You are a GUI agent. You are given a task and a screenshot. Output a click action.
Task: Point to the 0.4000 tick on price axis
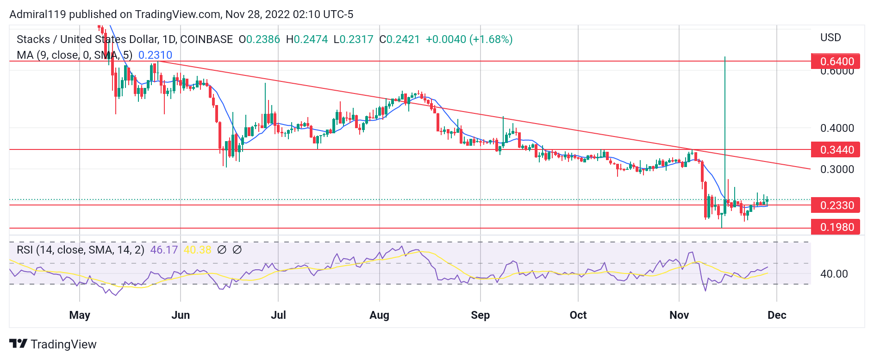pyautogui.click(x=837, y=128)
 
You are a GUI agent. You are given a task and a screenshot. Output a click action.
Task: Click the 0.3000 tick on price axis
pyautogui.click(x=837, y=169)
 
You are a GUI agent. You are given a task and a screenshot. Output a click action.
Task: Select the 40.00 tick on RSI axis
pyautogui.click(x=834, y=274)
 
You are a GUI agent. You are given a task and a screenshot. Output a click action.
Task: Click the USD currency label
pyautogui.click(x=830, y=37)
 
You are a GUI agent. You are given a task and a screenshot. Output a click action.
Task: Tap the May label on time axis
pyautogui.click(x=80, y=315)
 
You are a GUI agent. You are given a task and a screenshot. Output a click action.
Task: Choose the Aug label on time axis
pyautogui.click(x=379, y=315)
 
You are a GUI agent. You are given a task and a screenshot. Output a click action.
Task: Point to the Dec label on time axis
pyautogui.click(x=776, y=315)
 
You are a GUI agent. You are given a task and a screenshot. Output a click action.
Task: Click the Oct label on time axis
pyautogui.click(x=578, y=315)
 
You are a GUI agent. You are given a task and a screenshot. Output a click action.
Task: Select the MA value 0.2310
pyautogui.click(x=155, y=55)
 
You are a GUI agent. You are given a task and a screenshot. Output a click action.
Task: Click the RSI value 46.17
pyautogui.click(x=164, y=250)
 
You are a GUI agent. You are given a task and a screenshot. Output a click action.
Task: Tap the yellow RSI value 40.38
pyautogui.click(x=197, y=250)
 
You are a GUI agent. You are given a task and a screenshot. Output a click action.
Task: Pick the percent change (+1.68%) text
pyautogui.click(x=491, y=39)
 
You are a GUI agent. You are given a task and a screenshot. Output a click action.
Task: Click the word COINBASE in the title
pyautogui.click(x=206, y=39)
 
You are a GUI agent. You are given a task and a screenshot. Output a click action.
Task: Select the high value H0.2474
pyautogui.click(x=306, y=39)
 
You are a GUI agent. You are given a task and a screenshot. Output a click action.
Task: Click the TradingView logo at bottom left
pyautogui.click(x=53, y=344)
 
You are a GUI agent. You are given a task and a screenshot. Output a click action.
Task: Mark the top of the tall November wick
pyautogui.click(x=724, y=57)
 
